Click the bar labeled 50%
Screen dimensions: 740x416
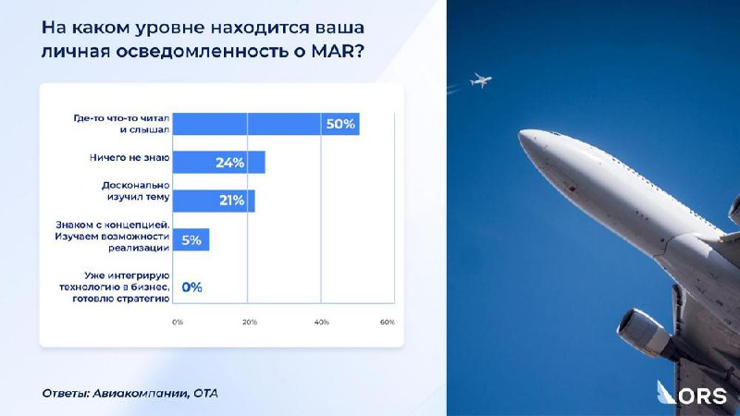pyautogui.click(x=265, y=124)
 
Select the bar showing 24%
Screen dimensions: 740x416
pyautogui.click(x=219, y=163)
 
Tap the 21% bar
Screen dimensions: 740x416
pyautogui.click(x=214, y=201)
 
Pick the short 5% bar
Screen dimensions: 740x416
pyautogui.click(x=191, y=239)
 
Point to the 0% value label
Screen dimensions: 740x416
pyautogui.click(x=192, y=287)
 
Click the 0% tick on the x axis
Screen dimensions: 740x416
pyautogui.click(x=178, y=322)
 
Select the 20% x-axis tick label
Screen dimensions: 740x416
pyautogui.click(x=250, y=322)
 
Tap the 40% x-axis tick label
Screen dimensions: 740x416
pyautogui.click(x=321, y=322)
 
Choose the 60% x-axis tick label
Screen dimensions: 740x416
pyautogui.click(x=388, y=322)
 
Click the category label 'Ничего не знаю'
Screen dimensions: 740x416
pyautogui.click(x=129, y=157)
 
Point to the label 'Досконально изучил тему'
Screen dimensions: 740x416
pyautogui.click(x=136, y=191)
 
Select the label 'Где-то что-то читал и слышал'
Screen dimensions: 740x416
pyautogui.click(x=121, y=124)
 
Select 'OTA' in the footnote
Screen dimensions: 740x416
pyautogui.click(x=205, y=393)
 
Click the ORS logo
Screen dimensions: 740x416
pyautogui.click(x=692, y=393)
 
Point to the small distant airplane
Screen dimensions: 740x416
pyautogui.click(x=480, y=80)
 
